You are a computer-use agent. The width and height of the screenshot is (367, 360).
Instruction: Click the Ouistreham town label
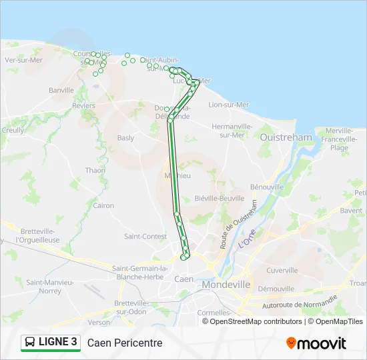286,137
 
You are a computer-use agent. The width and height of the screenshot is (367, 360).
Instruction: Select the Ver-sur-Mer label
23,60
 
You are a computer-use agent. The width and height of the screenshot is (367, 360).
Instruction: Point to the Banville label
61,90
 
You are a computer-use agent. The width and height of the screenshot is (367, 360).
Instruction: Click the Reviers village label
83,106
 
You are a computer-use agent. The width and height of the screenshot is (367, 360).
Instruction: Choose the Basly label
125,139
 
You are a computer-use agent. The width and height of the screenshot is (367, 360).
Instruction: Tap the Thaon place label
95,171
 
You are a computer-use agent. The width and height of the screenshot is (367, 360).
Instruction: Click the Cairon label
103,206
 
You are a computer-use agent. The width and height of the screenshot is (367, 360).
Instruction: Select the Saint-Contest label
145,236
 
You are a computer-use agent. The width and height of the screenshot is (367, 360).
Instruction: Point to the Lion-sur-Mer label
230,105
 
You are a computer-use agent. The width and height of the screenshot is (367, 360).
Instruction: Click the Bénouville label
267,187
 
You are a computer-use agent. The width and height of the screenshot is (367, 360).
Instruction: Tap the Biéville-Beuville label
219,198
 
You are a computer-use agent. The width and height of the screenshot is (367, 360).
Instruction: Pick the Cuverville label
282,271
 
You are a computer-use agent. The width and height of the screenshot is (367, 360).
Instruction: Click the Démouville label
276,289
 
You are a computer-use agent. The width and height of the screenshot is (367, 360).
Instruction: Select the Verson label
99,322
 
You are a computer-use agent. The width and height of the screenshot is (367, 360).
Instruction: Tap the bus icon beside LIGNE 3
31,343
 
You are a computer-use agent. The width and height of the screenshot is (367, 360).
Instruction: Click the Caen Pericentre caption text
125,343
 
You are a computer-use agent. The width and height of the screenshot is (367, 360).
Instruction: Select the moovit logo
316,343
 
